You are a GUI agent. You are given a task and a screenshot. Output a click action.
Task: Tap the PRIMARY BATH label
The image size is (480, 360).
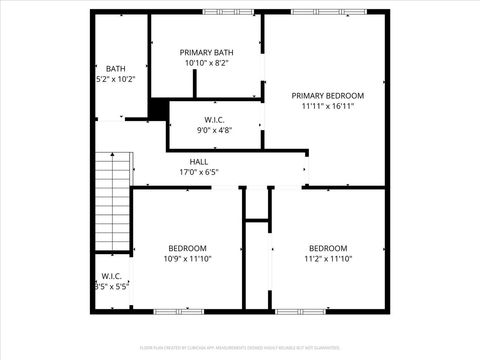(207, 52)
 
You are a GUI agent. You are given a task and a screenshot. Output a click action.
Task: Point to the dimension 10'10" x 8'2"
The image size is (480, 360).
(207, 63)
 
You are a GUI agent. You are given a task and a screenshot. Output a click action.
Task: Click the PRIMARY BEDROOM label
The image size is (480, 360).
(328, 96)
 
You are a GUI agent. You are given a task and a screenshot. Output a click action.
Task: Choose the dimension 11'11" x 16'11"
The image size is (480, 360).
(328, 107)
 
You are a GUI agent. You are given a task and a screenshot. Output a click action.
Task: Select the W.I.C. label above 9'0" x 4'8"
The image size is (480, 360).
(215, 119)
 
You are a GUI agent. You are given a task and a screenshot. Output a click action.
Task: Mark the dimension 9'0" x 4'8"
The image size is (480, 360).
(215, 129)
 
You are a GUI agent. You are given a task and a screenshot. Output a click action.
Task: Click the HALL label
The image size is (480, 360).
(199, 161)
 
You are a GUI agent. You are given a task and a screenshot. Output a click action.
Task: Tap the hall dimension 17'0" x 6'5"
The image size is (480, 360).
(199, 172)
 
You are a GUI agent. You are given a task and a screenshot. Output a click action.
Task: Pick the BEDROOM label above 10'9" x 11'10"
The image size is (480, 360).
(187, 248)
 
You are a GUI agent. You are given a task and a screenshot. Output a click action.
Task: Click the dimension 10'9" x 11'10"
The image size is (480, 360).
(187, 258)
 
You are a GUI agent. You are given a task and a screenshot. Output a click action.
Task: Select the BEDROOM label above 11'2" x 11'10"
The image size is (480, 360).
(328, 248)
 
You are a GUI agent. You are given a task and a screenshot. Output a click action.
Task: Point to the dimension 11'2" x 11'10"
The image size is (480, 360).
(328, 258)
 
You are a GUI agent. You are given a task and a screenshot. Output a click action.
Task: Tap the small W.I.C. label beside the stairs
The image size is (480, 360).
(110, 276)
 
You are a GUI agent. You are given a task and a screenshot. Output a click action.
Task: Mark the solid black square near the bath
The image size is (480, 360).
(158, 109)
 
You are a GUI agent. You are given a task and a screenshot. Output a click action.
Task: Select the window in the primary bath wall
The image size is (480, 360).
(228, 12)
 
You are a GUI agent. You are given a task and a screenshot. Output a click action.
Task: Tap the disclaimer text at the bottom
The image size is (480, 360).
(240, 349)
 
